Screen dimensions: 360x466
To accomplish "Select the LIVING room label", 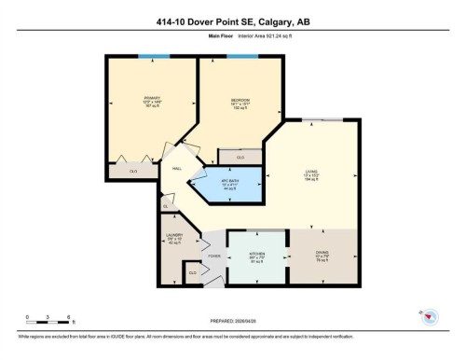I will (311, 171).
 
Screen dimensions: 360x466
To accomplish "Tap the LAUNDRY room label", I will (173, 236).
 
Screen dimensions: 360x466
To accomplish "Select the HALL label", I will (175, 169).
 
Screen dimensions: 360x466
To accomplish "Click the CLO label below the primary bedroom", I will (133, 173).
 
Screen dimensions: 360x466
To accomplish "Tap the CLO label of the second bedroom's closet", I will (240, 158).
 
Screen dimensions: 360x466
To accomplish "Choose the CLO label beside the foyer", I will (193, 272).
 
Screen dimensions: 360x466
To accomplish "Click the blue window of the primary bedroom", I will (148, 58).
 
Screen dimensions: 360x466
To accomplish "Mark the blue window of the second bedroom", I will (241, 58).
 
